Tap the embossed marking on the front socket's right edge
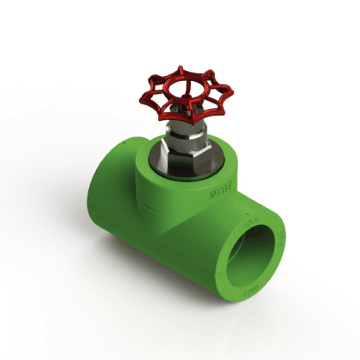pos(281,241)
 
